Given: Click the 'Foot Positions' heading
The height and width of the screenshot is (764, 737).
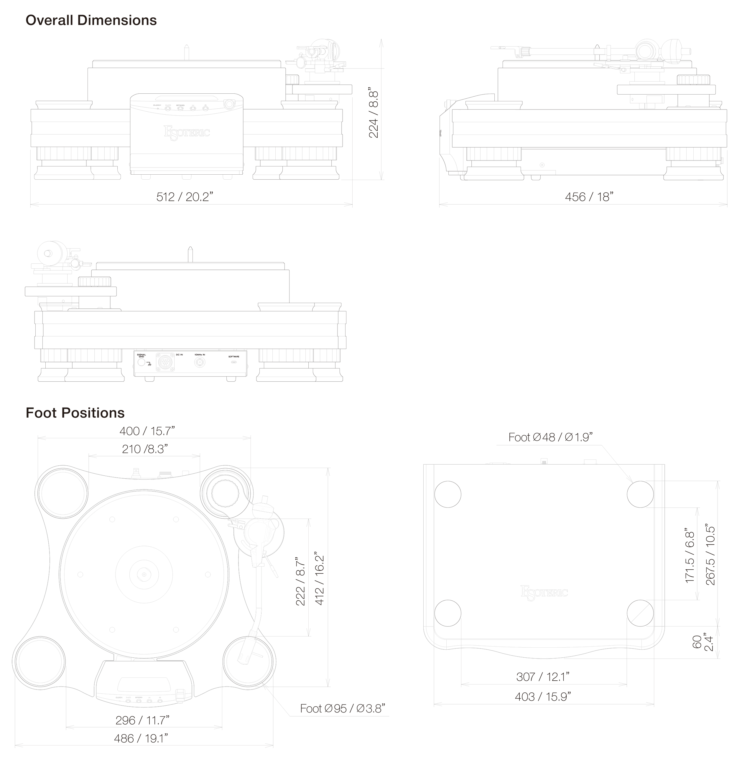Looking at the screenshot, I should coord(75,413).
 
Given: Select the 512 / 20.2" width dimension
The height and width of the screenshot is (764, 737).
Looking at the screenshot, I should coord(185,197).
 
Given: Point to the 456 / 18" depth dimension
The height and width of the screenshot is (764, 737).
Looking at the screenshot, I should coord(589,197).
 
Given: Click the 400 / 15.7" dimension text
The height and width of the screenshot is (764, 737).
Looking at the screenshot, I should coord(147,431).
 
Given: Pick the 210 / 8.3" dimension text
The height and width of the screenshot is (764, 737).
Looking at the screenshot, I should coord(145,449).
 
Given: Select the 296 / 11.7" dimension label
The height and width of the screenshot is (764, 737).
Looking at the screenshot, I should coord(142,720).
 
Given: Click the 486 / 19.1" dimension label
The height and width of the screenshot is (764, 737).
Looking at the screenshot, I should coord(141,738).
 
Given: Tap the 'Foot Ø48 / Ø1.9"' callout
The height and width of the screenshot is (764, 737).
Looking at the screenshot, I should coord(550,437).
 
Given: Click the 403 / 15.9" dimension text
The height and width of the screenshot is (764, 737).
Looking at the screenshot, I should coord(543,697).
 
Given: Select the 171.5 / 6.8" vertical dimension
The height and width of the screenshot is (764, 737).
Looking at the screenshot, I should coord(690,555).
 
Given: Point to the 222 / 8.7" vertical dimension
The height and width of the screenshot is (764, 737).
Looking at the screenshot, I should coord(300,581).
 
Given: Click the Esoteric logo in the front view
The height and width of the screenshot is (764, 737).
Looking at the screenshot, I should coord(187,132).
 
